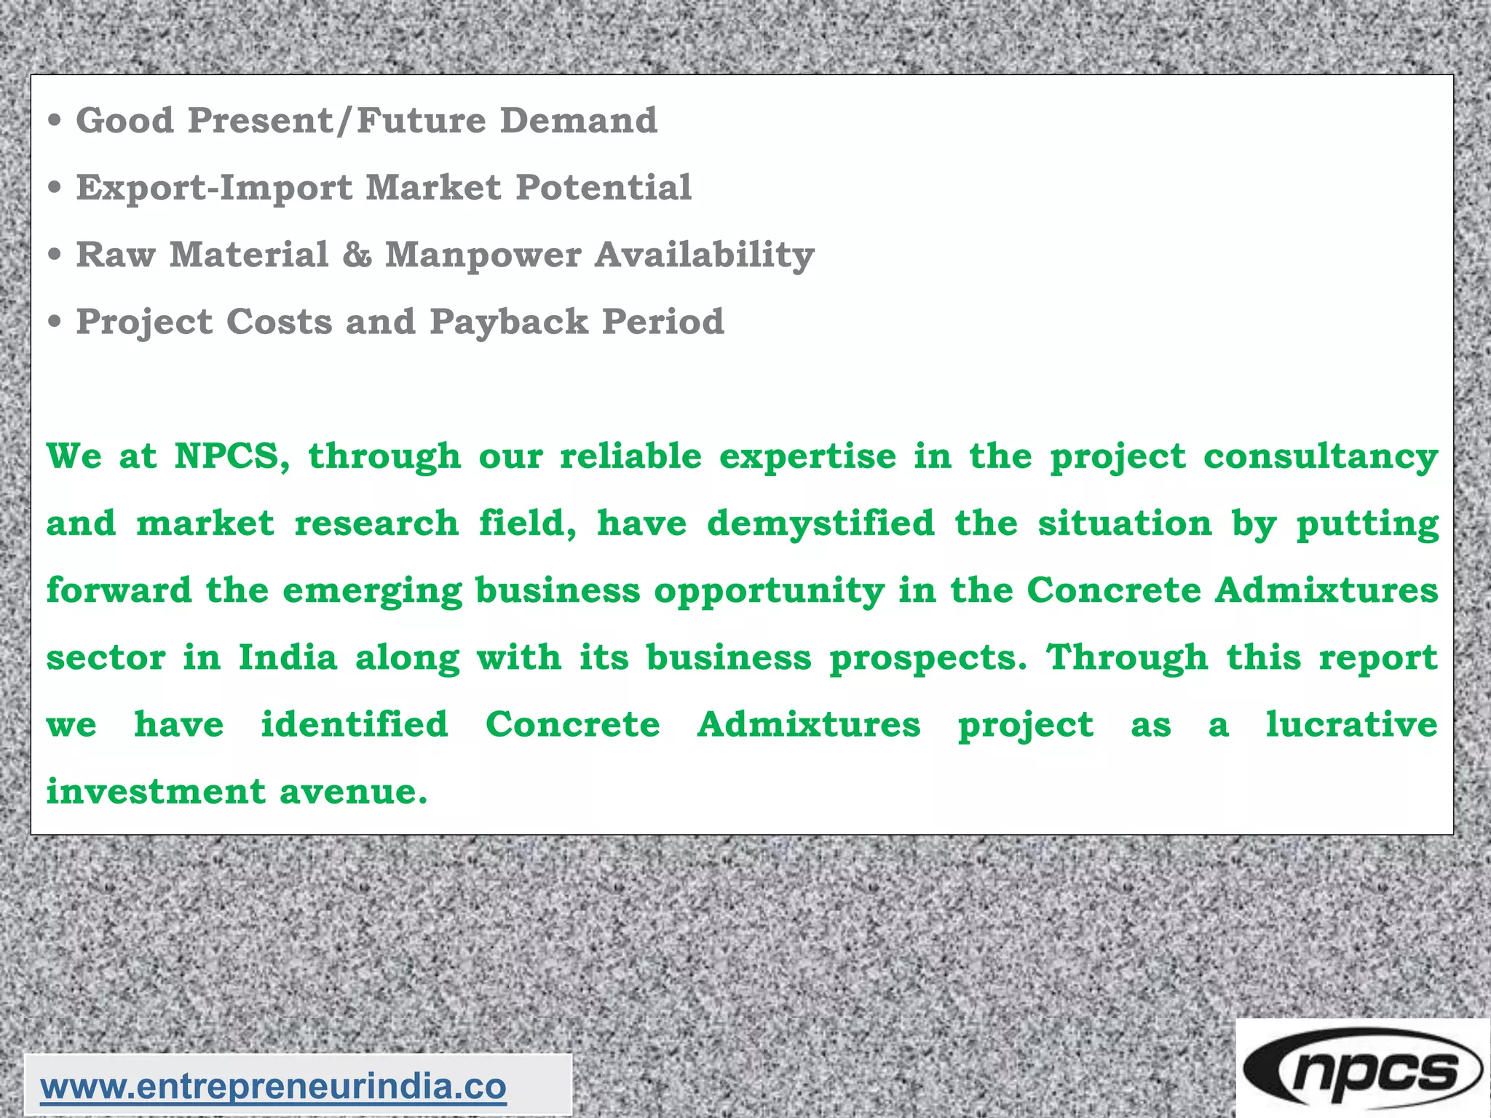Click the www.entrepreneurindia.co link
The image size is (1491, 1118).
273,1087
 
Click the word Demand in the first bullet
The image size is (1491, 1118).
579,120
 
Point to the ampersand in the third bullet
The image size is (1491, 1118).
357,255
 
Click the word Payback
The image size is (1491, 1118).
509,322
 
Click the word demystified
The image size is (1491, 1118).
820,523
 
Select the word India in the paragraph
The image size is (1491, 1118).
288,657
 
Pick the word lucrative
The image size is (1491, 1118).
1351,724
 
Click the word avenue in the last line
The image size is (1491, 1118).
353,791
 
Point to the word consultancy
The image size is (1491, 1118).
1321,458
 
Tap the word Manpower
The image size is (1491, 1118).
483,255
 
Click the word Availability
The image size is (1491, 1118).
704,255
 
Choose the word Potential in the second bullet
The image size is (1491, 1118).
604,188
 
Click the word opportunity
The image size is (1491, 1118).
769,591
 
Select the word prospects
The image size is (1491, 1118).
928,659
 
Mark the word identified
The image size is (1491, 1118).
355,724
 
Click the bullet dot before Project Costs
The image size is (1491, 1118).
55,322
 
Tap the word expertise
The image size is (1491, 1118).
808,458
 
